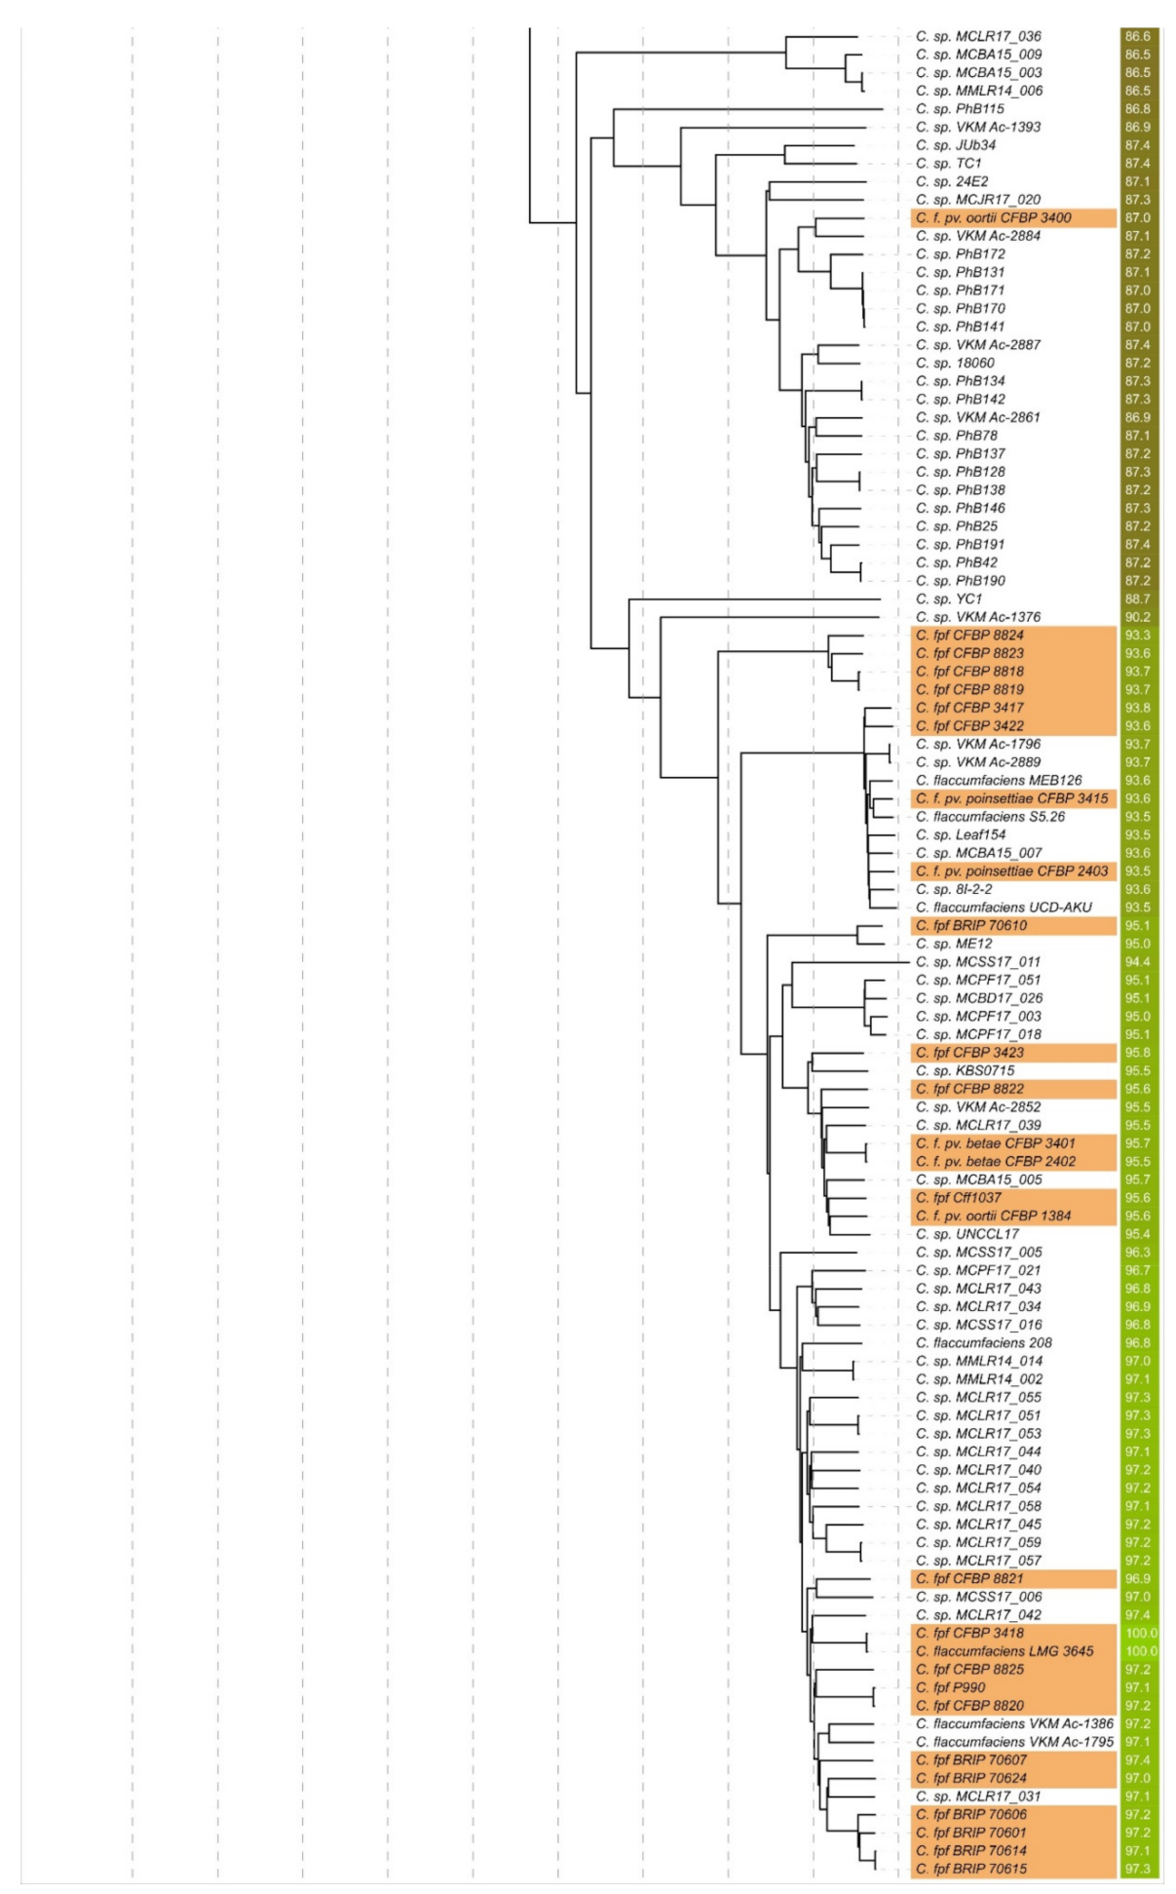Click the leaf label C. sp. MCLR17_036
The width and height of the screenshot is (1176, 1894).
(x=978, y=36)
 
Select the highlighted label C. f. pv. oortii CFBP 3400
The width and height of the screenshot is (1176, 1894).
(x=993, y=217)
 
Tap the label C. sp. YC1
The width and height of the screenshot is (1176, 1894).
(x=949, y=599)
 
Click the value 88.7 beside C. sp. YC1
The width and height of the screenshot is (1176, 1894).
(x=1136, y=599)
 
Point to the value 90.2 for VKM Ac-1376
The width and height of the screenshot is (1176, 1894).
(x=1136, y=617)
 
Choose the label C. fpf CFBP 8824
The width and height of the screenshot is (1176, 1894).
(x=969, y=635)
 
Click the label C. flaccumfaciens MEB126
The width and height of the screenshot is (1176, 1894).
(x=999, y=780)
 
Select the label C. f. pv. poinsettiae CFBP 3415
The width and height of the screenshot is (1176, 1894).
(x=1011, y=798)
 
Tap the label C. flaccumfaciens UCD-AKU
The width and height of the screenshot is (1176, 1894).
(x=1004, y=908)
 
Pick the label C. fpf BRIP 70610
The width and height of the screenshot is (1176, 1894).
(x=970, y=925)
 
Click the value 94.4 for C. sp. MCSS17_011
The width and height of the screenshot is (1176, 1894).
(x=1136, y=961)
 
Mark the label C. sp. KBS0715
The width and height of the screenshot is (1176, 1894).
(x=965, y=1070)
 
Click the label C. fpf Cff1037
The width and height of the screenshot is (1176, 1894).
(x=958, y=1197)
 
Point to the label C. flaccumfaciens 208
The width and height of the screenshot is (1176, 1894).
(x=983, y=1342)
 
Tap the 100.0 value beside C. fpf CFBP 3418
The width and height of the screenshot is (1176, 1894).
(x=1140, y=1633)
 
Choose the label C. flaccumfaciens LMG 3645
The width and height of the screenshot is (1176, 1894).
(x=1005, y=1651)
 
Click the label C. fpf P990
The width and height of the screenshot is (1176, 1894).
(x=950, y=1687)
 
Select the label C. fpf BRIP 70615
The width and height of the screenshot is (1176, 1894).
(x=970, y=1869)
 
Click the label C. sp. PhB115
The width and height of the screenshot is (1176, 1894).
(x=960, y=108)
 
